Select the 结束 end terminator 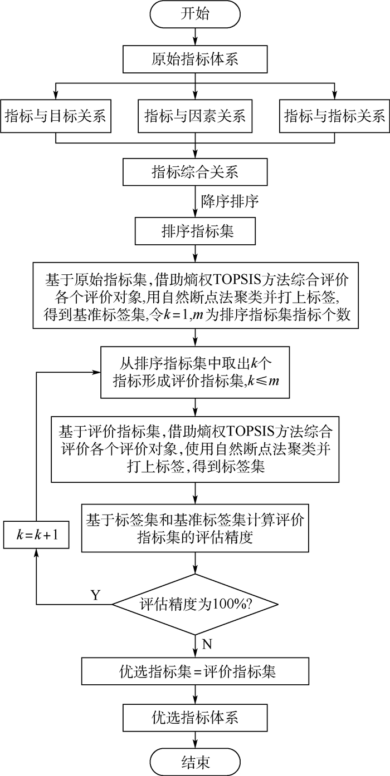click(195, 761)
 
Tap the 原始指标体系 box click(195, 58)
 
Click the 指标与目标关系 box click(55, 116)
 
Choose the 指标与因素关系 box click(194, 116)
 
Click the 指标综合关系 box click(194, 171)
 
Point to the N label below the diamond click(206, 644)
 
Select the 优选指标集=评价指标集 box click(194, 671)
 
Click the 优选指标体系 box click(194, 717)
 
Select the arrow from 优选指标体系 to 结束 click(195, 739)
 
